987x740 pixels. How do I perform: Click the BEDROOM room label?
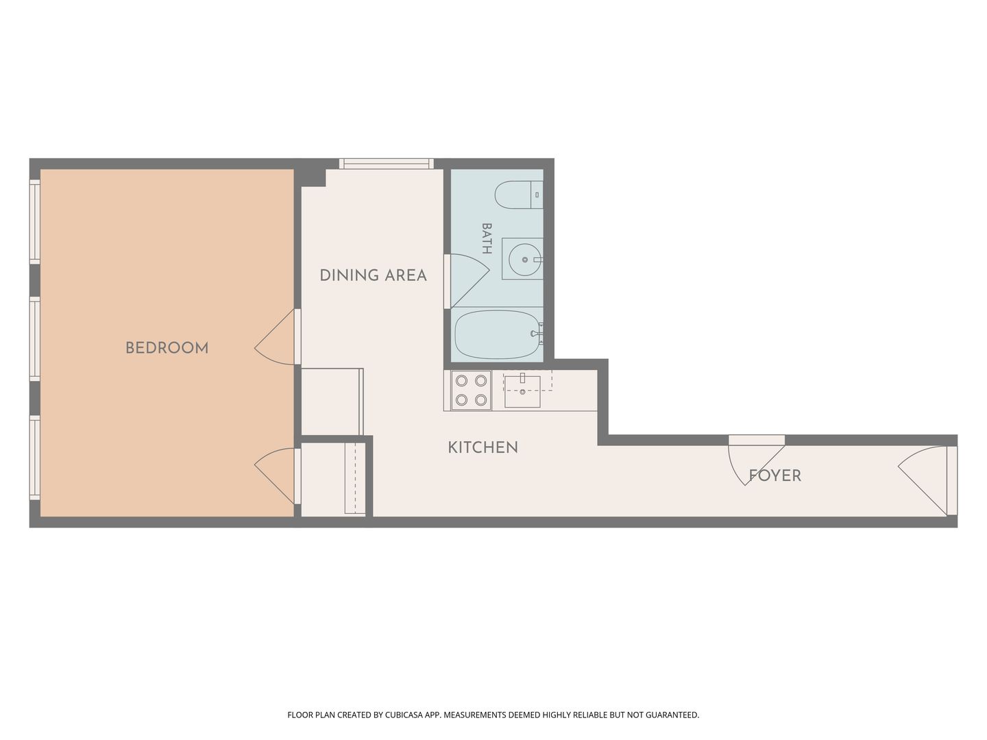click(167, 348)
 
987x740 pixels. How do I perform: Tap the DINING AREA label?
click(374, 275)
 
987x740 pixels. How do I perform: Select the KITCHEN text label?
click(483, 447)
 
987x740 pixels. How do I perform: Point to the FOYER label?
click(775, 476)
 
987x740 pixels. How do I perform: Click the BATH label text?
click(487, 238)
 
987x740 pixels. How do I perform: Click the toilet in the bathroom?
click(519, 195)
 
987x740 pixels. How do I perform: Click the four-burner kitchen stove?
click(472, 391)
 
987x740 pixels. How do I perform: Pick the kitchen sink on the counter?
click(522, 392)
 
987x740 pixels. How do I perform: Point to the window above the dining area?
click(387, 164)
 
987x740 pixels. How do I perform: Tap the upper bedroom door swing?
click(276, 337)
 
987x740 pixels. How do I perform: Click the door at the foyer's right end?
click(927, 480)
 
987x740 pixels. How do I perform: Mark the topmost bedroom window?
click(35, 222)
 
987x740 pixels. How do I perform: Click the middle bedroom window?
click(35, 338)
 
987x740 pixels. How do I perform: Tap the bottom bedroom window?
click(35, 458)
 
